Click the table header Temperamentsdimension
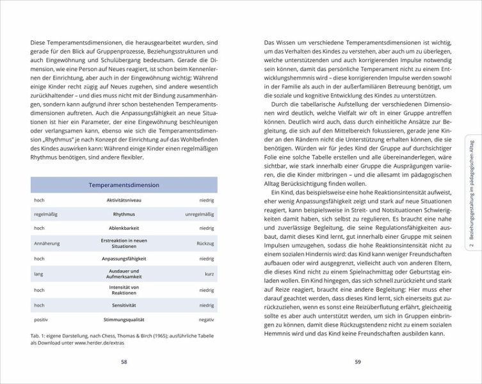(x=124, y=185)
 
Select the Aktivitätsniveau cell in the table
(x=124, y=200)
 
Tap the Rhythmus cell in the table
(x=124, y=214)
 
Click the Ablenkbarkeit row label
(x=124, y=228)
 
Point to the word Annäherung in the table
(x=45, y=243)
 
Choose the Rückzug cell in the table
(x=204, y=243)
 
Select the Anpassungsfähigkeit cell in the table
(x=124, y=259)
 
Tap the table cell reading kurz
(x=208, y=274)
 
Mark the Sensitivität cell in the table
(x=124, y=305)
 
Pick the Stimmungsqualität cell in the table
(x=124, y=319)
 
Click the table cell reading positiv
(x=42, y=319)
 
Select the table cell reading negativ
(x=205, y=319)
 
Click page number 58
(x=124, y=362)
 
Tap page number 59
(x=358, y=362)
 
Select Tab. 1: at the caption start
(x=40, y=335)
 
